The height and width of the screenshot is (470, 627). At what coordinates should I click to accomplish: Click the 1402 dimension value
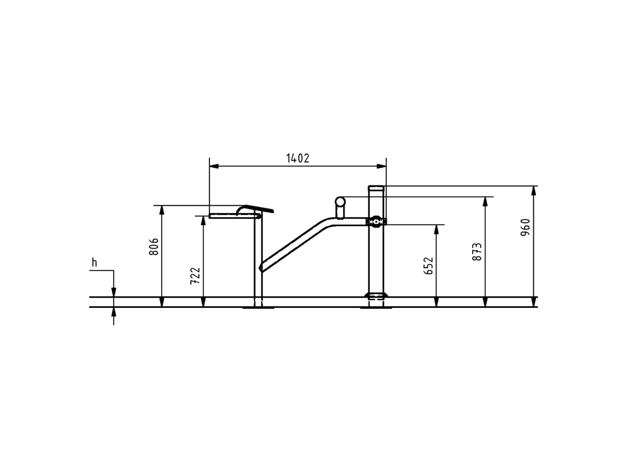298,158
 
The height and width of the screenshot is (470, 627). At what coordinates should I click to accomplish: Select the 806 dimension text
154,247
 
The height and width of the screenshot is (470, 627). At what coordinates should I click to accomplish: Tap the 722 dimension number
195,276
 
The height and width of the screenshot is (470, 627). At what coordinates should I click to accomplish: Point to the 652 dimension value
428,266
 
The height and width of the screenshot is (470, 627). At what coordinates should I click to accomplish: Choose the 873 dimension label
477,252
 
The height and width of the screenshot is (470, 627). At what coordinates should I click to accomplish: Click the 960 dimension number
525,227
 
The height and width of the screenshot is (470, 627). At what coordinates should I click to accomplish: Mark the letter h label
95,263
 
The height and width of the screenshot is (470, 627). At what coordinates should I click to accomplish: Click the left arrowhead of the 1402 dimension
214,166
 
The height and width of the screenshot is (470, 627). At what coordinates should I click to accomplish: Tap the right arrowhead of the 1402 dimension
381,166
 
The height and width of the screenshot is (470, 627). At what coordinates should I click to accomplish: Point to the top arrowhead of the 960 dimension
534,191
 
